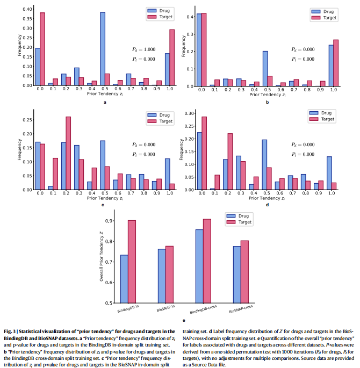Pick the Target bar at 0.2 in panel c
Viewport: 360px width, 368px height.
[x=68, y=153]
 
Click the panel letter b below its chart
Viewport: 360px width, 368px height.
[x=267, y=102]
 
